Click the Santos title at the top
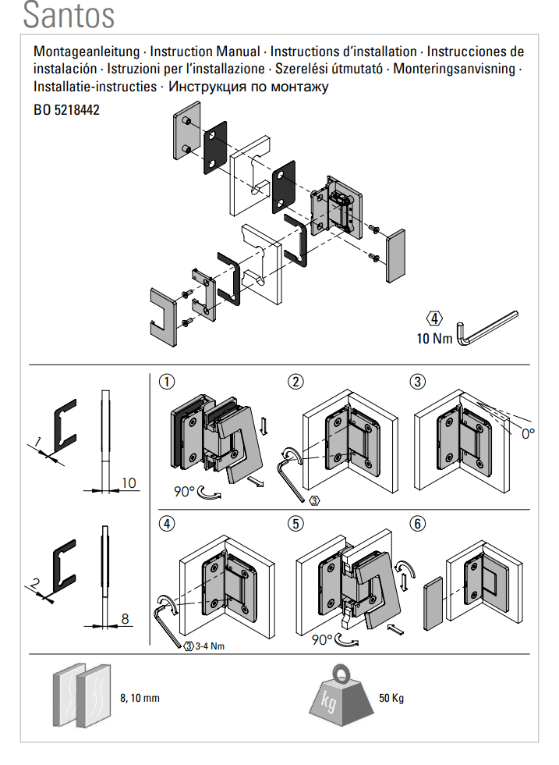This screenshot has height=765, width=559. point(69,16)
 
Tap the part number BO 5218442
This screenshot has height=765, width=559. point(67,111)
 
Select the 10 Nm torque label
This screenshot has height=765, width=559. point(434,339)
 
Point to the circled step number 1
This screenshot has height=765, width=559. point(165,382)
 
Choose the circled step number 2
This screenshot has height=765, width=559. point(295,382)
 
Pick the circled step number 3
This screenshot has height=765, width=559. point(419,382)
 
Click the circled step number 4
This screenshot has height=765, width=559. point(165,524)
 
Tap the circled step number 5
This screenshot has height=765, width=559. point(295,524)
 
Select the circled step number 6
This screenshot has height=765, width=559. point(419,524)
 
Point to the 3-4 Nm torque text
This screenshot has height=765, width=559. point(209,646)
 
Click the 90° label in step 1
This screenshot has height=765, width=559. point(185,492)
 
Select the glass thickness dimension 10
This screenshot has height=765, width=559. point(129,483)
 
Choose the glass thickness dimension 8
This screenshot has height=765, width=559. point(125,619)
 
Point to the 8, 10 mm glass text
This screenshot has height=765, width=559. point(140,697)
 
